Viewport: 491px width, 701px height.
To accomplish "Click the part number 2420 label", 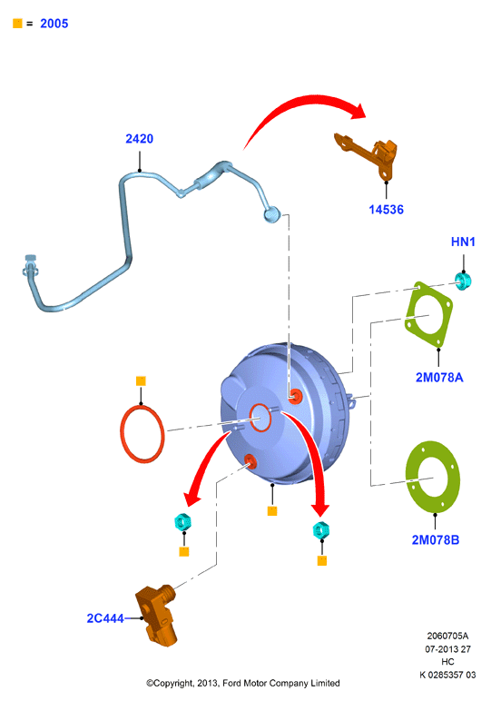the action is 139,139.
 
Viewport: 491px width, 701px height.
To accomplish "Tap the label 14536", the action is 386,209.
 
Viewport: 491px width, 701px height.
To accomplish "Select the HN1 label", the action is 463,242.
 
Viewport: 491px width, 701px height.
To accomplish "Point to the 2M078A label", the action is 439,378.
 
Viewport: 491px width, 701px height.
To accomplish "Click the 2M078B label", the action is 435,539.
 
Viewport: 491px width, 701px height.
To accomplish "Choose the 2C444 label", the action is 105,617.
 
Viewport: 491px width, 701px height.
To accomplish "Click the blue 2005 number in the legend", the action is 54,24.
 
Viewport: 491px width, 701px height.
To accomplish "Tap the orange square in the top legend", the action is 17,24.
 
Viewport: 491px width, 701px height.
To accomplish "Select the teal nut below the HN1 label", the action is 463,281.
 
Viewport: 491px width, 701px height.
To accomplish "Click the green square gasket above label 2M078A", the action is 428,315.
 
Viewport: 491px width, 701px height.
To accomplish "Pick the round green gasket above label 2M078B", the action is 433,477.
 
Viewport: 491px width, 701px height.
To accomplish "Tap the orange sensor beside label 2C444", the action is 156,614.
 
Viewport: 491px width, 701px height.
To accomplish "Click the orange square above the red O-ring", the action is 141,380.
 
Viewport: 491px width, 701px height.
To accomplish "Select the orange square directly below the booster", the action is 272,510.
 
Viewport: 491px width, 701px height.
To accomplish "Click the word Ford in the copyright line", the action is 231,683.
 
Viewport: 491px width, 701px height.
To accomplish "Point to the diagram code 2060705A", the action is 447,636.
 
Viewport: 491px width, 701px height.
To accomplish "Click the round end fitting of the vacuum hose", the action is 271,214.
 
